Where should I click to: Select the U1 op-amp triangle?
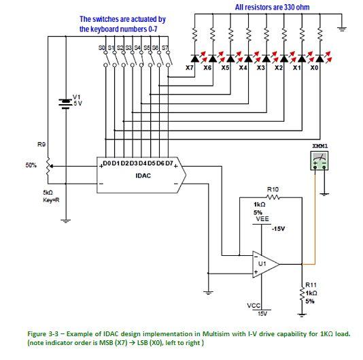pos(264,263)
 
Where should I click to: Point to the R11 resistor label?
pos(311,285)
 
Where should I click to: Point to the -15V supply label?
pos(277,229)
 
